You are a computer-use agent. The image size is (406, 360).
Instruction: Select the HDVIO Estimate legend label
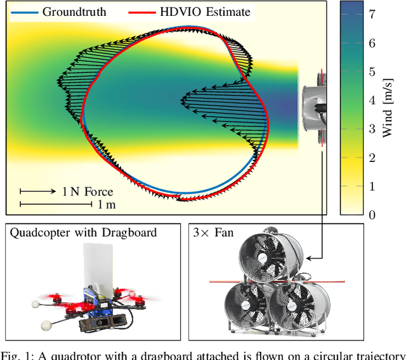[x=206, y=11]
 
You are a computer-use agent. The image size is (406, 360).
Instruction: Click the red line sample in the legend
[x=143, y=11]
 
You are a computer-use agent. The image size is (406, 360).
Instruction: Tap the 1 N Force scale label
[x=88, y=191]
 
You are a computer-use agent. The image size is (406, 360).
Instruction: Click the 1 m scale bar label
[x=106, y=204]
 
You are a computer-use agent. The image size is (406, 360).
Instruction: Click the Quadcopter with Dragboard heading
[x=83, y=232]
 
